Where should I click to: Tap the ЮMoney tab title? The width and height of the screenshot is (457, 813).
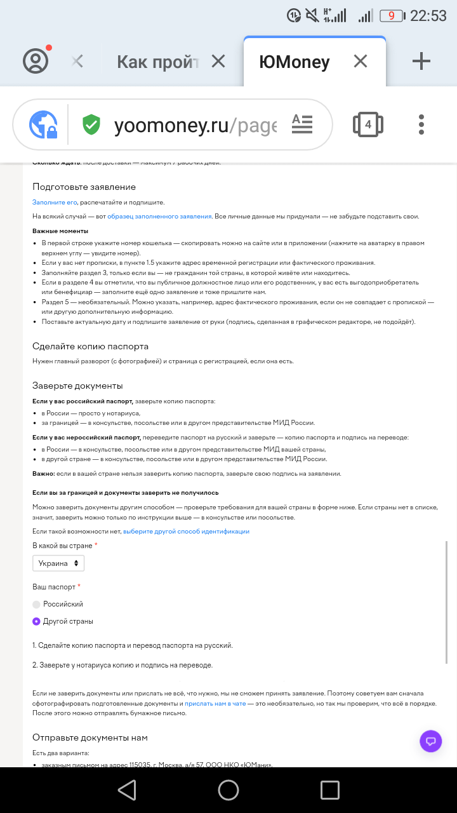[x=295, y=62]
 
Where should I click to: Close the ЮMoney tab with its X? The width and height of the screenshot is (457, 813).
[x=361, y=62]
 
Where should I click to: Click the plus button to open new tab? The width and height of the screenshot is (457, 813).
[x=421, y=62]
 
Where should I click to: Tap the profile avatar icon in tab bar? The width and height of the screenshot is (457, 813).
[x=36, y=61]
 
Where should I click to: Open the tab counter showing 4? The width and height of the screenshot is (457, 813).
[x=368, y=124]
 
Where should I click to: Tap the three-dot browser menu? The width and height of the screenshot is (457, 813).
[x=421, y=124]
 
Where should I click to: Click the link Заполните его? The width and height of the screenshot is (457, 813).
[x=55, y=202]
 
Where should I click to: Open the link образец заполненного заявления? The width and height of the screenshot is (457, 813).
[x=159, y=217]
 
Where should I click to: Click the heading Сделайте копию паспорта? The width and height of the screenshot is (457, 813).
[x=90, y=346]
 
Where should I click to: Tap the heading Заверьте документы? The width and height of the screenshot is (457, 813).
[x=77, y=386]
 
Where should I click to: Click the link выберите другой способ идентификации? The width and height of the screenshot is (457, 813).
[x=186, y=531]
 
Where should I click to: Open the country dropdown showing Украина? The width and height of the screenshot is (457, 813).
[x=58, y=563]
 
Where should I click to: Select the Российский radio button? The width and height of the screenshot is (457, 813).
[x=36, y=605]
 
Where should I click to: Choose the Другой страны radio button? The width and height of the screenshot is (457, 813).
[x=36, y=622]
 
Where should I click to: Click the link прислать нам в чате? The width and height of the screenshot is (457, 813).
[x=215, y=704]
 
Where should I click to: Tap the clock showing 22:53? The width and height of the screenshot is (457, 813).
[x=428, y=16]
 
